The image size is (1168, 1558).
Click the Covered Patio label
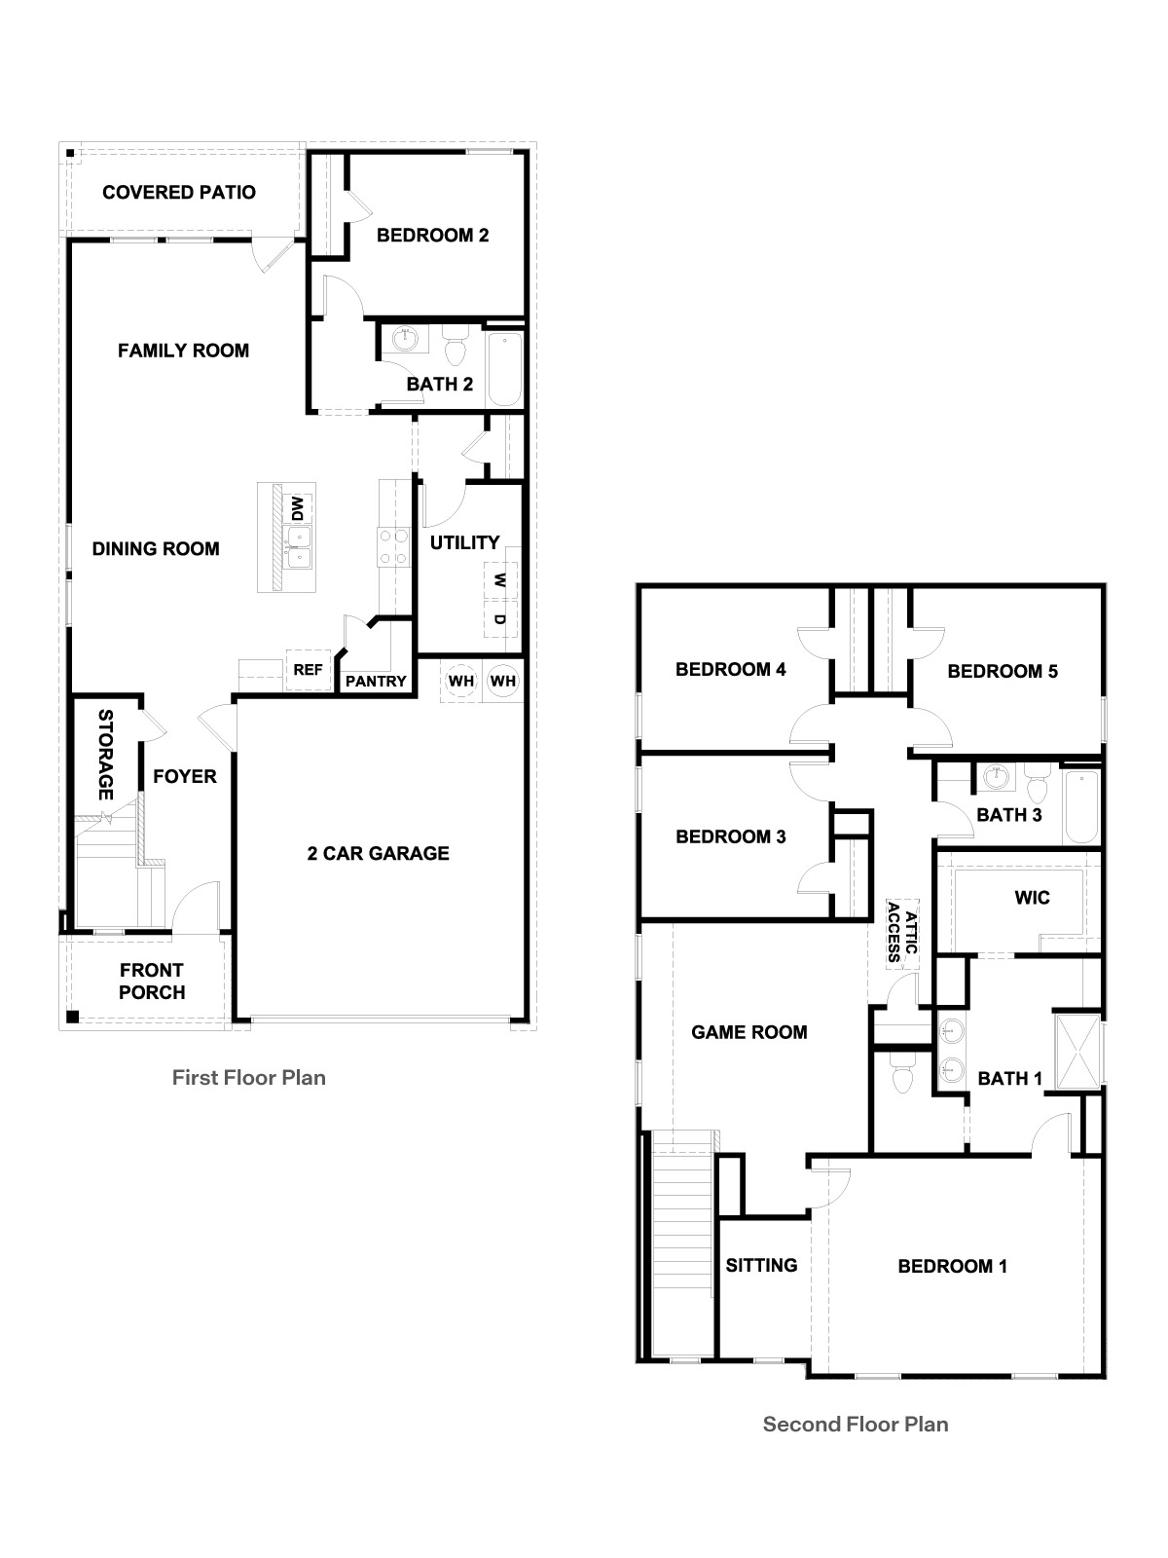179,192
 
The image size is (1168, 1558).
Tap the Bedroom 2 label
432,235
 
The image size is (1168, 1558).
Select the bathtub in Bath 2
504,369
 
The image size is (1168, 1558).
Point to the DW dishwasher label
297,508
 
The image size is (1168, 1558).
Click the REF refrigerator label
308,670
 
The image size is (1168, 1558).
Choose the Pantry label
376,681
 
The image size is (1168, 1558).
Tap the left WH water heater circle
461,681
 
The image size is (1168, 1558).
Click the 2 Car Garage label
378,853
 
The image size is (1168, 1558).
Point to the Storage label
105,754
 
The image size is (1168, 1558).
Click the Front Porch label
152,981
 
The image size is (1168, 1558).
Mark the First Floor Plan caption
249,1077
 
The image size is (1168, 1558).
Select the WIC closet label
1032,897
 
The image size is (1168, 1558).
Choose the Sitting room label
761,1265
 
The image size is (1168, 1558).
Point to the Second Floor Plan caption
856,1424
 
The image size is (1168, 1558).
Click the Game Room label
749,1032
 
